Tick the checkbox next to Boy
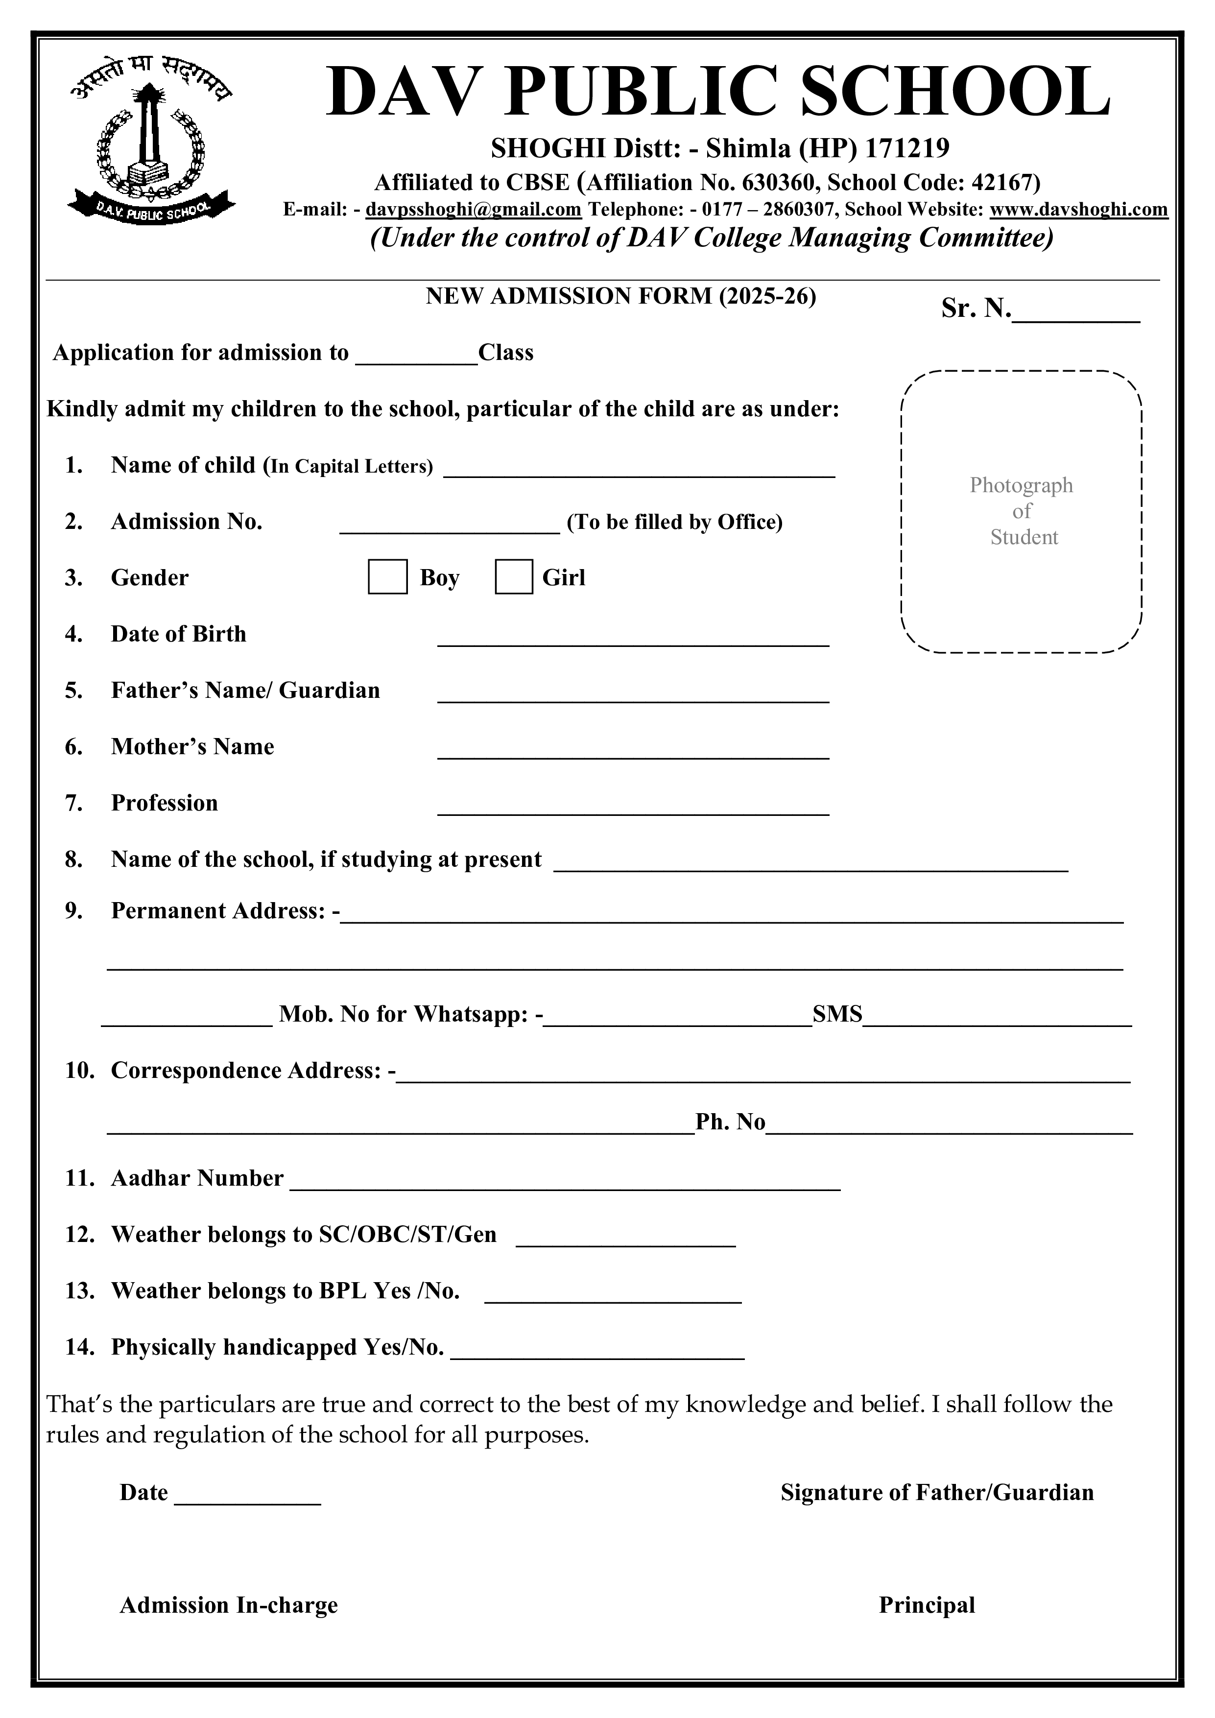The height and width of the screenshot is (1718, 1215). [387, 577]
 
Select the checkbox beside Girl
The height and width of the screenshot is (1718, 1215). [514, 577]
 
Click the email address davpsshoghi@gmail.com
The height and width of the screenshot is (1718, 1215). [473, 210]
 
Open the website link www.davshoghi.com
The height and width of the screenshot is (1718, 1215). [1078, 210]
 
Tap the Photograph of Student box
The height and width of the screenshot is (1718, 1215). [1021, 512]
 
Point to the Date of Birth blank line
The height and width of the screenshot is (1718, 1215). [633, 637]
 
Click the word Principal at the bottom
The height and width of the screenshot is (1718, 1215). [926, 1604]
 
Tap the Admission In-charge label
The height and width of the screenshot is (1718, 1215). [229, 1604]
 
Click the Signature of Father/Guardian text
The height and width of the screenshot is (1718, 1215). [937, 1492]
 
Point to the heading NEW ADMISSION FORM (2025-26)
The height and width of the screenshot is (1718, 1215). [621, 296]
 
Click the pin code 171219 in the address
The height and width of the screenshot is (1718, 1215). [907, 149]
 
